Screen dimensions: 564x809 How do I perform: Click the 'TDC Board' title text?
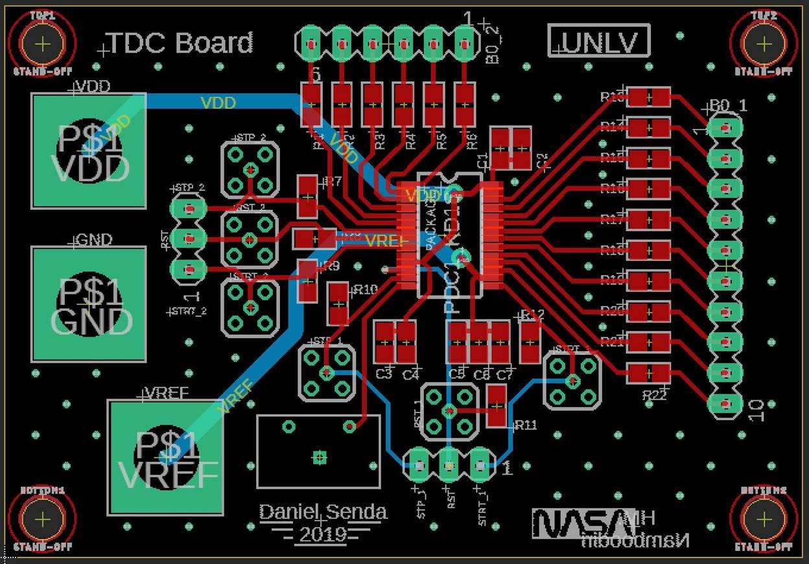(180, 43)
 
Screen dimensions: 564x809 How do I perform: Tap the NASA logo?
(576, 522)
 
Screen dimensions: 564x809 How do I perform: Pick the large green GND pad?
(89, 304)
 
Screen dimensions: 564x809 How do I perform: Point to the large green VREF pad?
(166, 457)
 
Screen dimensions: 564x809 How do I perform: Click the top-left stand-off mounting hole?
(43, 44)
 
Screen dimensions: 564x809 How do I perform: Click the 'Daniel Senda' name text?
(323, 512)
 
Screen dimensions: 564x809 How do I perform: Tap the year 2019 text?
(323, 536)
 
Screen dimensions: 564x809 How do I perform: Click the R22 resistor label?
(654, 394)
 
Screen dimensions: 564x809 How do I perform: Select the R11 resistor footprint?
(497, 406)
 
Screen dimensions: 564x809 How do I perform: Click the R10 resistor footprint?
(338, 303)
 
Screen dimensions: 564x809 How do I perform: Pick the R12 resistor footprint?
(530, 342)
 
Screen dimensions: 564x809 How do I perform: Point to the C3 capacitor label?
(384, 374)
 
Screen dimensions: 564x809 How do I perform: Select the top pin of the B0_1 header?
(724, 128)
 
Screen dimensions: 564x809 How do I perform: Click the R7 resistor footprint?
(307, 197)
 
